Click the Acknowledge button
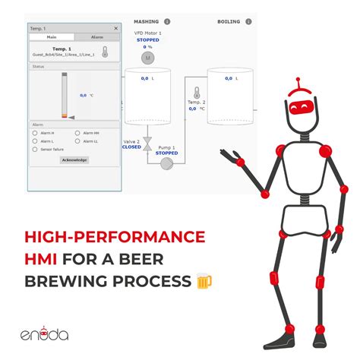(x=74, y=160)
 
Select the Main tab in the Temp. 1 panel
(x=52, y=36)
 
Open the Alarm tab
(x=97, y=36)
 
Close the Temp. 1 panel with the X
(x=116, y=27)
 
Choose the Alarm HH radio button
(x=77, y=134)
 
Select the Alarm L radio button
(x=35, y=141)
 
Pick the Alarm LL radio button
(x=77, y=141)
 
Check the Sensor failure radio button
(x=35, y=150)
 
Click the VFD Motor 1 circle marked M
(x=148, y=58)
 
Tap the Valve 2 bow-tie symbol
(x=147, y=142)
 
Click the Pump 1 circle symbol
(x=166, y=163)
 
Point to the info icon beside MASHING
(x=167, y=22)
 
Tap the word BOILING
(x=229, y=22)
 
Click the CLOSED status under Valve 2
(x=131, y=147)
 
